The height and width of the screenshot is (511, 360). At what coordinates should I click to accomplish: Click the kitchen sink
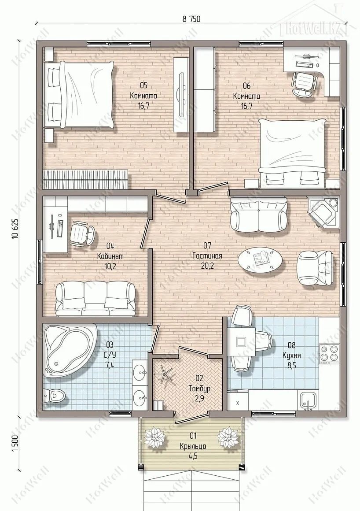coord(307,400)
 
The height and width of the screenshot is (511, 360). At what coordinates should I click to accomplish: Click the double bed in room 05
coord(80,95)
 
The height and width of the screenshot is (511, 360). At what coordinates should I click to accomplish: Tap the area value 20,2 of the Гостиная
coord(207,266)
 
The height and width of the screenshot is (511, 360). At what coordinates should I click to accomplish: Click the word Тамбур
coord(199,389)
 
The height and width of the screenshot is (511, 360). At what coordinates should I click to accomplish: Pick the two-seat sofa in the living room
coord(259,215)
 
